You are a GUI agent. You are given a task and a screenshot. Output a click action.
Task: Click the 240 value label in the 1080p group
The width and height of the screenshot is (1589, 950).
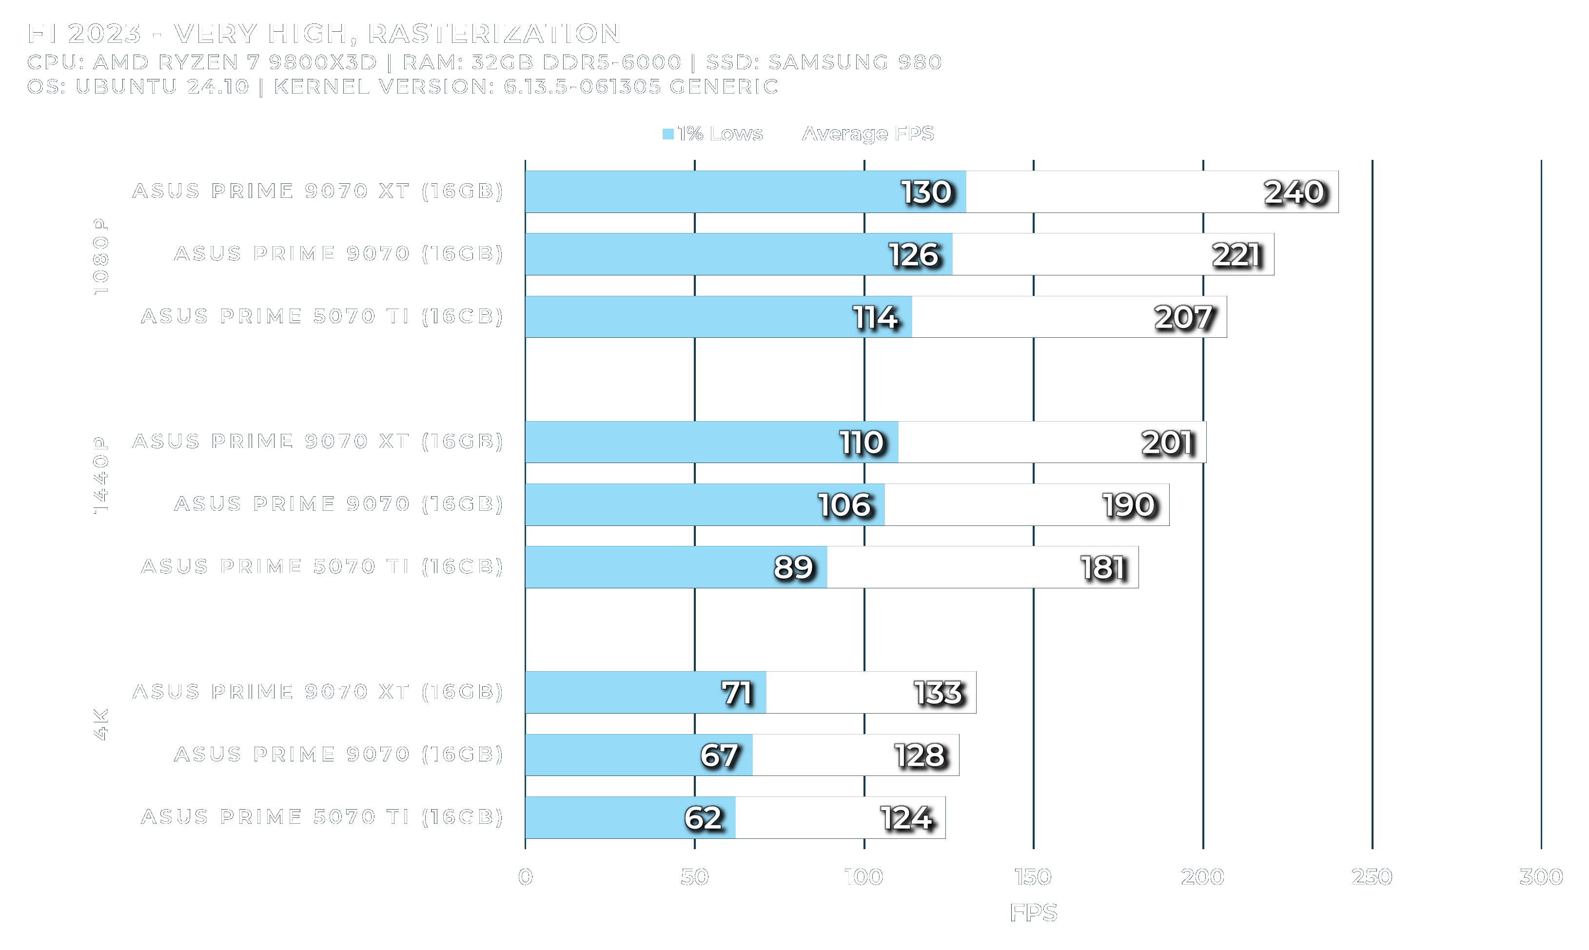pyautogui.click(x=1293, y=192)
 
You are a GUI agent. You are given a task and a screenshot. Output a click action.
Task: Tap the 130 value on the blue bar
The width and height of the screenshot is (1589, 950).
pyautogui.click(x=926, y=192)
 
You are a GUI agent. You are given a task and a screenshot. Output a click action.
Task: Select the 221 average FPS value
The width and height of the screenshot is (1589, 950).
pyautogui.click(x=1236, y=255)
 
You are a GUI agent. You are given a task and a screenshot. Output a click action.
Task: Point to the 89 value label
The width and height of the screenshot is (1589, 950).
pyautogui.click(x=793, y=567)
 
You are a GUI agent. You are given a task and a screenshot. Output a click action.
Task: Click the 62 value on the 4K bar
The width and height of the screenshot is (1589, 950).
pyautogui.click(x=703, y=818)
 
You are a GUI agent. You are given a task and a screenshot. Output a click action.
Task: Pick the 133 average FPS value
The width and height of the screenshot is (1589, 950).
pyautogui.click(x=938, y=693)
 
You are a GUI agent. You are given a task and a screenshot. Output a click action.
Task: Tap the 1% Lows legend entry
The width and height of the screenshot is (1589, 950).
pyautogui.click(x=712, y=134)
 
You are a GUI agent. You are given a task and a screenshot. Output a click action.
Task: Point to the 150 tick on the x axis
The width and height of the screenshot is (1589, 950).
pyautogui.click(x=1033, y=876)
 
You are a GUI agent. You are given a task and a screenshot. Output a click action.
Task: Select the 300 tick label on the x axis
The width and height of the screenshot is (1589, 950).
pyautogui.click(x=1541, y=876)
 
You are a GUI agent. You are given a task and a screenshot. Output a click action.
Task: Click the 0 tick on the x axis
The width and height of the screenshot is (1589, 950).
pyautogui.click(x=525, y=876)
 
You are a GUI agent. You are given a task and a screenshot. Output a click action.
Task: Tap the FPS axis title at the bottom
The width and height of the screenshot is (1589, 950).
pyautogui.click(x=1033, y=913)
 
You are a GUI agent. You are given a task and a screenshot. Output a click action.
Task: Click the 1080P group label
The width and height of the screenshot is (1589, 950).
pyautogui.click(x=100, y=256)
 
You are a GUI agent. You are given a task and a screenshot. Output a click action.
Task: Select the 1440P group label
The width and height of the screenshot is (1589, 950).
pyautogui.click(x=100, y=475)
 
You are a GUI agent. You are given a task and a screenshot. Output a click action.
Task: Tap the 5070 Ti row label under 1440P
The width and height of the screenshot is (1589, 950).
pyautogui.click(x=322, y=566)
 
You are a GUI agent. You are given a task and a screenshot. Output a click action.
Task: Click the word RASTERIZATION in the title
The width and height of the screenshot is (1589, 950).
pyautogui.click(x=494, y=33)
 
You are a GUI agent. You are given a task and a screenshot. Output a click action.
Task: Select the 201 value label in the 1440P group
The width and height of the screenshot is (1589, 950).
pyautogui.click(x=1168, y=443)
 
